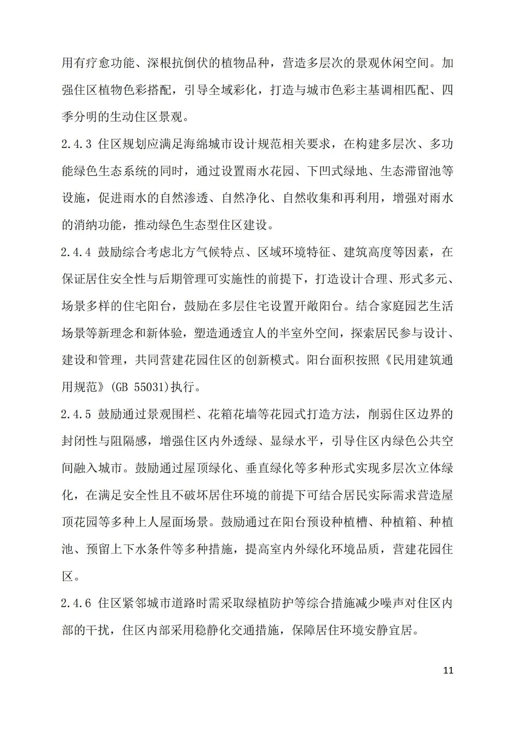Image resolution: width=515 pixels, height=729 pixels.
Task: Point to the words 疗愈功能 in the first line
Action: pos(109,63)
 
